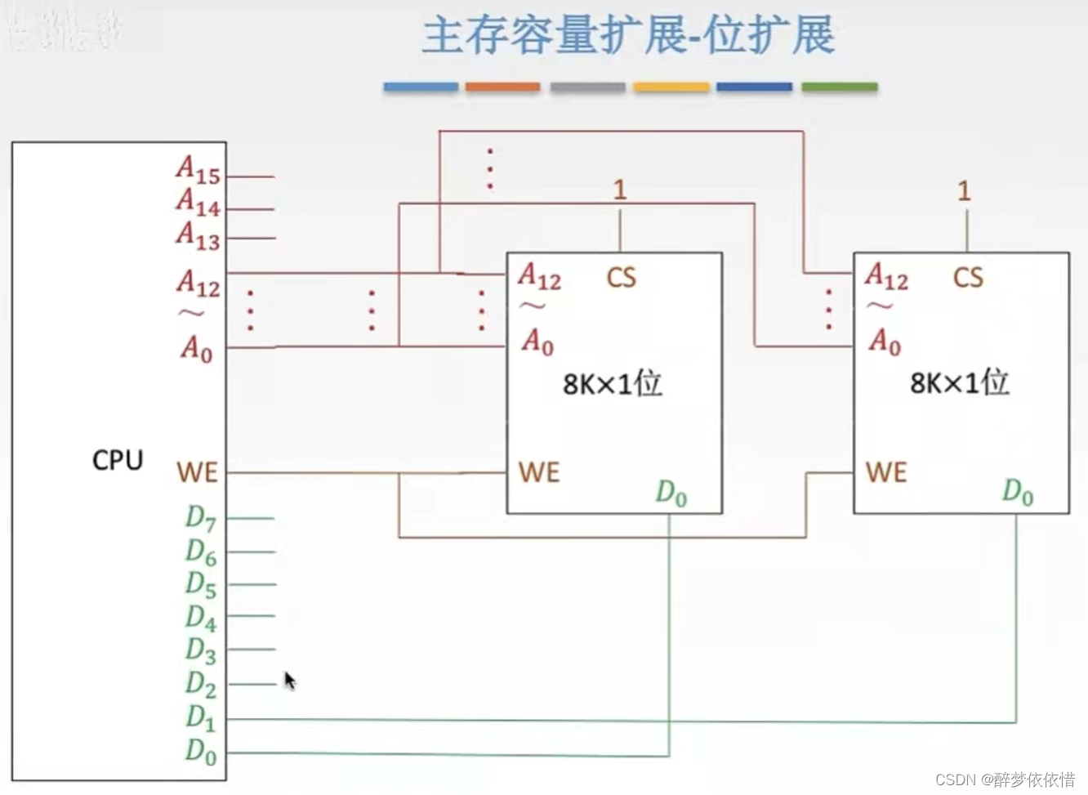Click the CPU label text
(118, 460)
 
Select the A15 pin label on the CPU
(198, 170)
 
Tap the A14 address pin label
(198, 202)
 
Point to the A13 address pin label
(198, 235)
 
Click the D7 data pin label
(201, 518)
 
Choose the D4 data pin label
(201, 618)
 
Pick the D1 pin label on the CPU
(201, 717)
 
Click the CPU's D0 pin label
(201, 751)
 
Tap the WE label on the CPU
(197, 472)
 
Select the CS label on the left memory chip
(621, 278)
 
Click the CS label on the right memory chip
(968, 278)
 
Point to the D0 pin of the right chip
(1018, 492)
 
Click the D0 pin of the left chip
(671, 493)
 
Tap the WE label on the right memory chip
(886, 472)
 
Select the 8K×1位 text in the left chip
(613, 383)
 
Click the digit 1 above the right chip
(965, 191)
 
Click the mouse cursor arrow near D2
(289, 680)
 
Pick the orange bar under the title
(502, 87)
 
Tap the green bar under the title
(839, 87)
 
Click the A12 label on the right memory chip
(886, 277)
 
